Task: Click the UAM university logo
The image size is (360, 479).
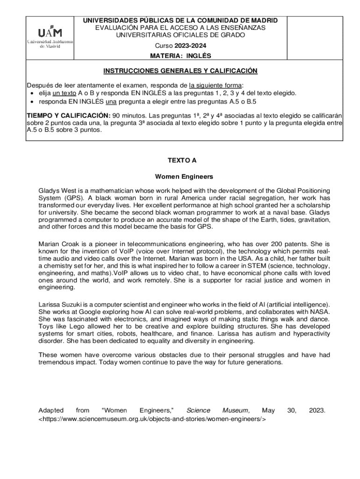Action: (x=50, y=36)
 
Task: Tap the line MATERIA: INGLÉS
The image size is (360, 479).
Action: (x=180, y=56)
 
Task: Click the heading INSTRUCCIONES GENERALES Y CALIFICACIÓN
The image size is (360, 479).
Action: (x=180, y=71)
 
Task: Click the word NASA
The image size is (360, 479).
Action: (x=321, y=312)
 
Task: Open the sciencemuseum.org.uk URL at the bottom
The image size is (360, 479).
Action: (x=152, y=419)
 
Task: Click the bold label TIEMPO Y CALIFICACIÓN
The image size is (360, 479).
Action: (x=68, y=116)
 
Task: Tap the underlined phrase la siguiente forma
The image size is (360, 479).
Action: (x=216, y=85)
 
